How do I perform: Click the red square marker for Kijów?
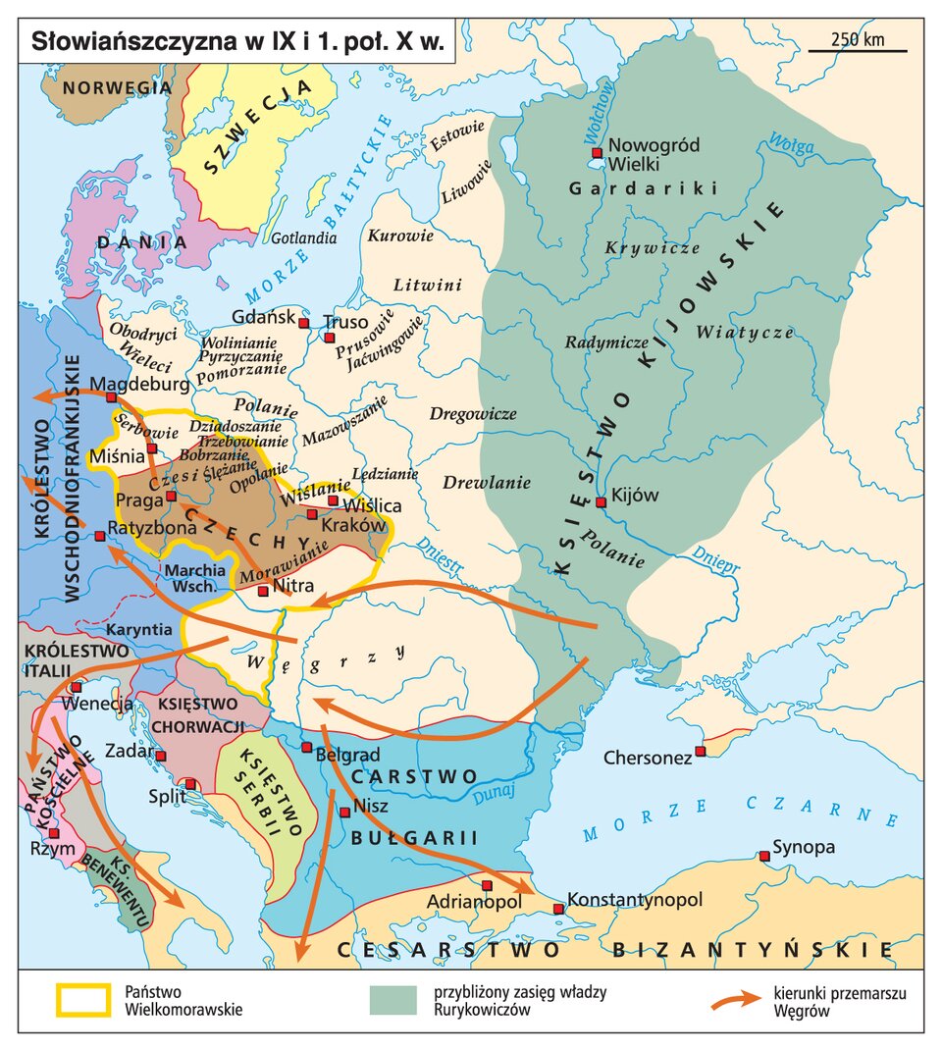click(601, 501)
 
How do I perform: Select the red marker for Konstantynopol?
click(558, 909)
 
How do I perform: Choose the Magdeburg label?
click(139, 384)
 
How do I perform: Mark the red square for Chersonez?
click(700, 752)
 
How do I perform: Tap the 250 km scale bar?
click(857, 49)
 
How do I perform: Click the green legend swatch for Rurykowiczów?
click(394, 1000)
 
